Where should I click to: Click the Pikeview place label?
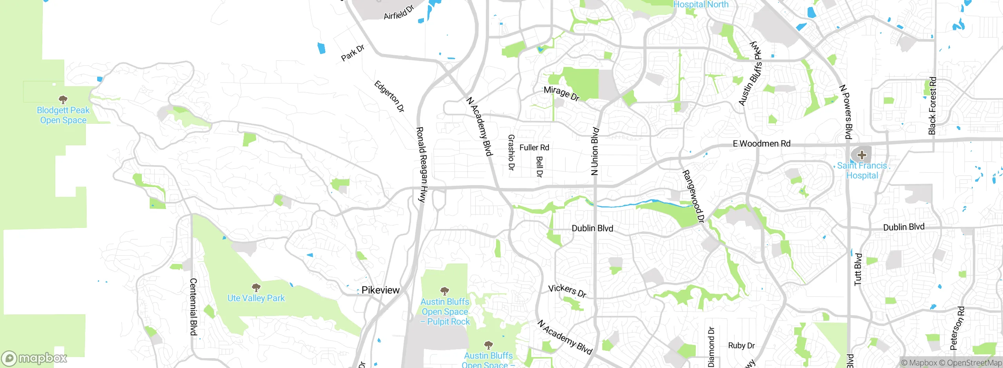380,290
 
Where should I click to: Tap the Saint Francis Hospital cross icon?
862,155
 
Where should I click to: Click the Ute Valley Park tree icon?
256,288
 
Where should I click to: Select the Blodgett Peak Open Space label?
63,115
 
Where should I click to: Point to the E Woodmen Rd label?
761,144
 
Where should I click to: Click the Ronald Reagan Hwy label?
422,164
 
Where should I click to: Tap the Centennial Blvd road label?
193,307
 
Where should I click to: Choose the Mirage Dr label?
561,93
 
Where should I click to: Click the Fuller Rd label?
534,148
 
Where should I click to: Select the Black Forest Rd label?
932,106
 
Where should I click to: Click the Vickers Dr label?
567,291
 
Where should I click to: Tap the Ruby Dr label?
741,346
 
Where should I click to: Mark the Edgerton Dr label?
389,96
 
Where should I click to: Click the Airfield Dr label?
398,13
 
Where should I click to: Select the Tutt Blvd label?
858,269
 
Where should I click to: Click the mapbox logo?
34,358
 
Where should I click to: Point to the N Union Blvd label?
595,151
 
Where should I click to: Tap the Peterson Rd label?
957,328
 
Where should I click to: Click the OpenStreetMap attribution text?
974,363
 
